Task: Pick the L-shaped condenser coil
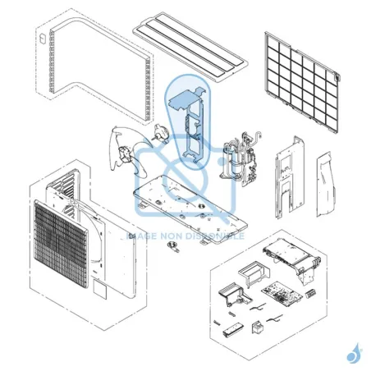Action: point(90,66)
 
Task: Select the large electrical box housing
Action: point(287,254)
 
